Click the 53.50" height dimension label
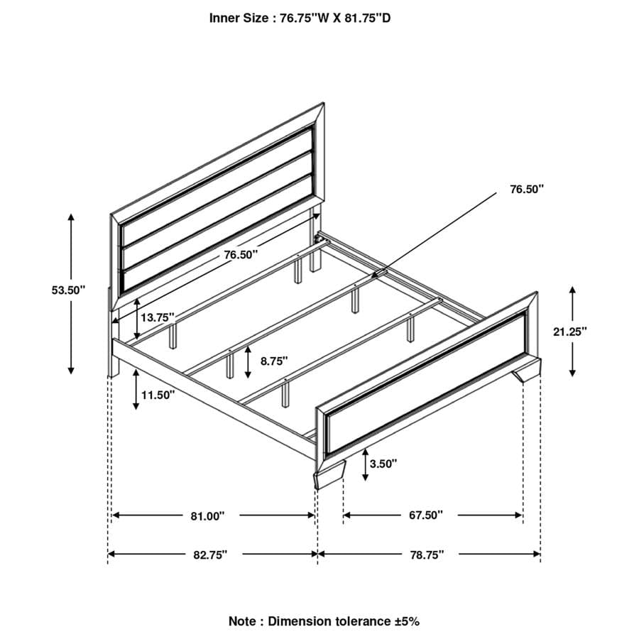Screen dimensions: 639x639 (x=68, y=290)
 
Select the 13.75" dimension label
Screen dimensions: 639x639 (x=157, y=318)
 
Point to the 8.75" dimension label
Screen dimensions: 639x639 (x=273, y=361)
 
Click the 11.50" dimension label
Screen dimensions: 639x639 (x=157, y=395)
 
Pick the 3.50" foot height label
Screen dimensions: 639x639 (x=383, y=464)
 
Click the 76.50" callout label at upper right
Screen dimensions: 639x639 (x=527, y=190)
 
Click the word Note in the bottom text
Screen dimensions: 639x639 (x=243, y=621)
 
